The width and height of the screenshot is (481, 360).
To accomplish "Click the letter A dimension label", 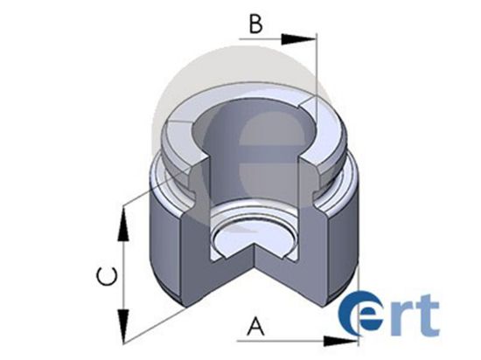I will (x=255, y=327).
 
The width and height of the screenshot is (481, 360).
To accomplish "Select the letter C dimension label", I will (x=105, y=280).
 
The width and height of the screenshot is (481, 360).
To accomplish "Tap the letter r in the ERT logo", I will (x=408, y=318).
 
